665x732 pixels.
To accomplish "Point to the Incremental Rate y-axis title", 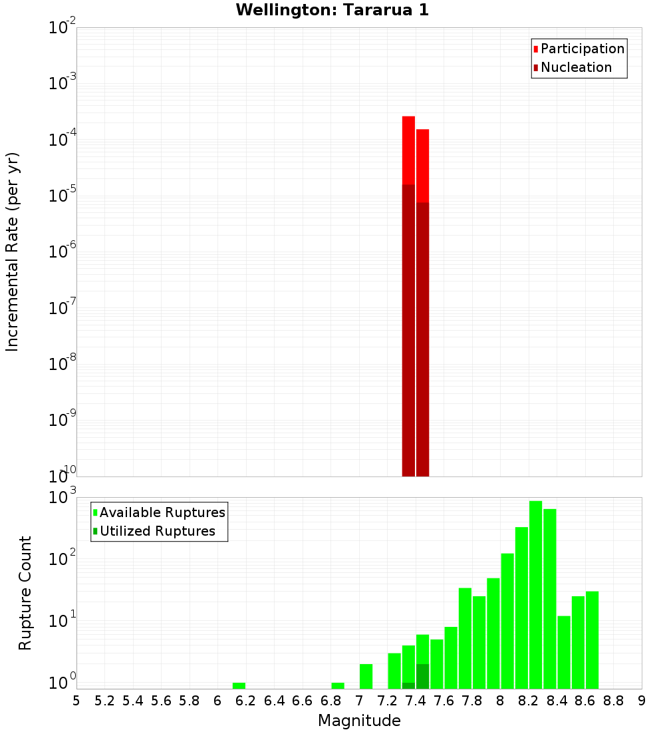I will click(13, 252).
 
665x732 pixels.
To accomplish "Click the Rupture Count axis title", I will click(25, 593).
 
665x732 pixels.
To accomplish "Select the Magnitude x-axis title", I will click(359, 721).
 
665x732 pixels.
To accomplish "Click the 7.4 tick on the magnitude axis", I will click(416, 701).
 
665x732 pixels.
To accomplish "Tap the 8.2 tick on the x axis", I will click(529, 701).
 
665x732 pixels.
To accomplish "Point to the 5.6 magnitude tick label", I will click(161, 701).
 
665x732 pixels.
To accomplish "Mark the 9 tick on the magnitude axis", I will click(642, 701).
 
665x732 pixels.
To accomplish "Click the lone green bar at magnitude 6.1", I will click(239, 685).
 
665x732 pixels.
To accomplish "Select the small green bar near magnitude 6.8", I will click(338, 685).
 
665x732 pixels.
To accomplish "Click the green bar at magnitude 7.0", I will click(366, 676).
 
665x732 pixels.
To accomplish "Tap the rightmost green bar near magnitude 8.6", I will click(592, 640).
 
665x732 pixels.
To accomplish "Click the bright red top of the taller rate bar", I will click(408, 150).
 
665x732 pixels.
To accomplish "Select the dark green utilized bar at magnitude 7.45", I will click(422, 676).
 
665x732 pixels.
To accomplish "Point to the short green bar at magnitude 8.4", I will click(564, 652).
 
